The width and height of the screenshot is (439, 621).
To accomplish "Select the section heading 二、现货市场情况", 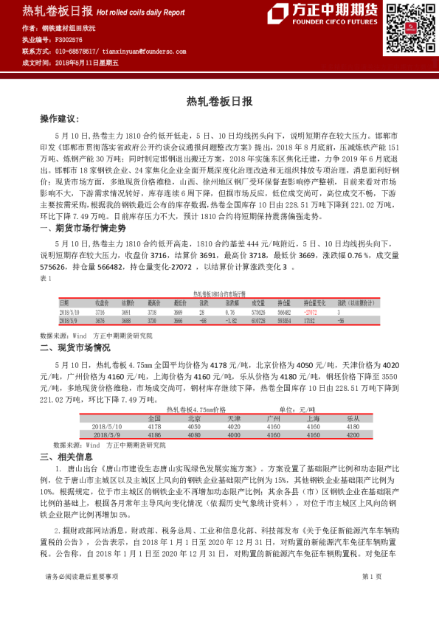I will pos(75,347).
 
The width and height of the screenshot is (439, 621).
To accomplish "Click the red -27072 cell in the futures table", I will pos(311,312).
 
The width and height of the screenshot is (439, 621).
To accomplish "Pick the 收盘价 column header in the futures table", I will pos(102,303).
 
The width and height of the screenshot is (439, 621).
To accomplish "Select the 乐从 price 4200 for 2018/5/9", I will pos(353,435).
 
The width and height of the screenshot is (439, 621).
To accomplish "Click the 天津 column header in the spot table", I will pos(233,418).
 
